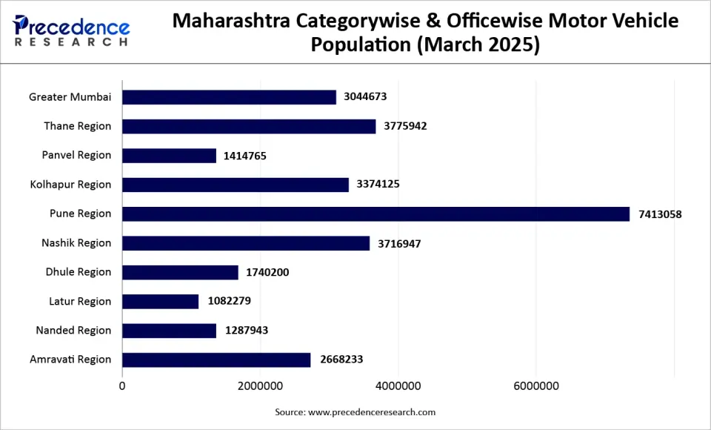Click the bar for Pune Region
375,214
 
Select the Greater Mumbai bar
229,97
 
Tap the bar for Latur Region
160,302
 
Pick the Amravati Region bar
216,360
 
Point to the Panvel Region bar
169,156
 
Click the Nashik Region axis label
76,243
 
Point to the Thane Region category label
78,126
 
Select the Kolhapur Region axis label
71,185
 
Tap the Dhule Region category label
79,272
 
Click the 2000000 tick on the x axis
261,386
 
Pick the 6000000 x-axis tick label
536,386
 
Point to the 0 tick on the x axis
123,386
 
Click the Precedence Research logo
72,31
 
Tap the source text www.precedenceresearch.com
371,412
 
